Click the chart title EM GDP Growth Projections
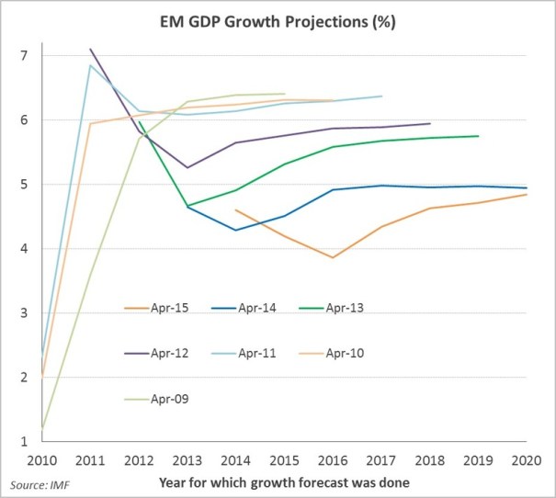(278, 23)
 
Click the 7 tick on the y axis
(24, 56)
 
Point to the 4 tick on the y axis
(24, 249)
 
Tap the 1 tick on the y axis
(24, 442)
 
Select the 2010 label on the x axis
(40, 460)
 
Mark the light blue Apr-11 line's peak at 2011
(89, 65)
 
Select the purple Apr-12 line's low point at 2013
(187, 167)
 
